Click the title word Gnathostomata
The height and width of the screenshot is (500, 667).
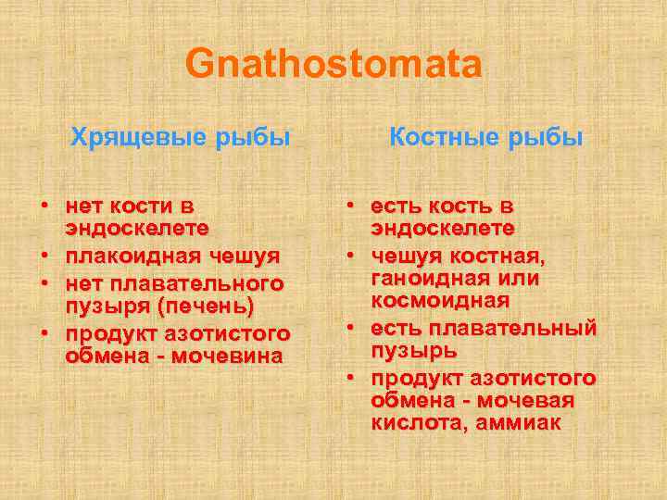pos(333,66)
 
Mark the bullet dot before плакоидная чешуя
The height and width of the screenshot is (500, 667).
pos(44,256)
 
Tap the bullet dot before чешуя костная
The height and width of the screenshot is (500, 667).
pos(351,255)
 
